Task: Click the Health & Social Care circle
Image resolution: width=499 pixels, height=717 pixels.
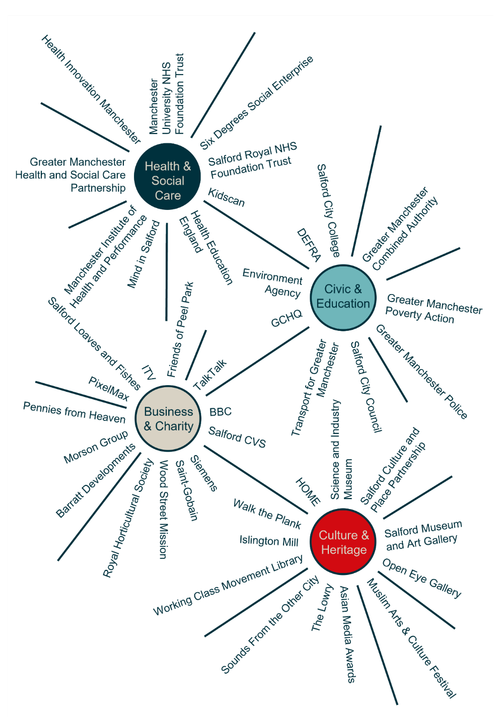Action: click(x=168, y=176)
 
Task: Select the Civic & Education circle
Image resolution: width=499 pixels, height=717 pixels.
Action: click(x=343, y=297)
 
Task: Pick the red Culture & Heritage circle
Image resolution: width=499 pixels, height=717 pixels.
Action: click(x=343, y=542)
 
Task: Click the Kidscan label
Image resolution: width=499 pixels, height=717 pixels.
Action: click(x=227, y=198)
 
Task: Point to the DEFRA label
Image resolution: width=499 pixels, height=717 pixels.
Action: click(x=309, y=245)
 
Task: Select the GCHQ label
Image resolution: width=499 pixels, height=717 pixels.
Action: click(x=287, y=318)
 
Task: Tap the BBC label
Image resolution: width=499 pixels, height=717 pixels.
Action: click(x=221, y=411)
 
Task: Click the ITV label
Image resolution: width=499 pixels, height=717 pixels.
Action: click(x=149, y=373)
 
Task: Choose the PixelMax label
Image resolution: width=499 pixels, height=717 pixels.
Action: click(x=109, y=388)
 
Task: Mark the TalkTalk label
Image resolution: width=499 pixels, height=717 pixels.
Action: click(x=210, y=375)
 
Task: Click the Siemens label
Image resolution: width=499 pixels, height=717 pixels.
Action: click(x=204, y=473)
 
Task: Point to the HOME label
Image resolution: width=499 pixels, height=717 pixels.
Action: click(x=308, y=492)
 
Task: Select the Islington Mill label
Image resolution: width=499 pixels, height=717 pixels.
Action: click(x=269, y=541)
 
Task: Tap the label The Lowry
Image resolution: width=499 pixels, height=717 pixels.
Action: click(x=322, y=608)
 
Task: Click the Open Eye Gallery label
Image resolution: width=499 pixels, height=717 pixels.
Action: click(x=422, y=578)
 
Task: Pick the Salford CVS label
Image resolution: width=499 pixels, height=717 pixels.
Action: click(x=237, y=437)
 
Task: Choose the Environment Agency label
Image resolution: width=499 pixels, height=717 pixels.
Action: click(x=273, y=283)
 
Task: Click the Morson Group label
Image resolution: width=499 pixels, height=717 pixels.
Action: click(x=96, y=447)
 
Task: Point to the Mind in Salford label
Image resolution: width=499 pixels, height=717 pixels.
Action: click(x=144, y=254)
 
